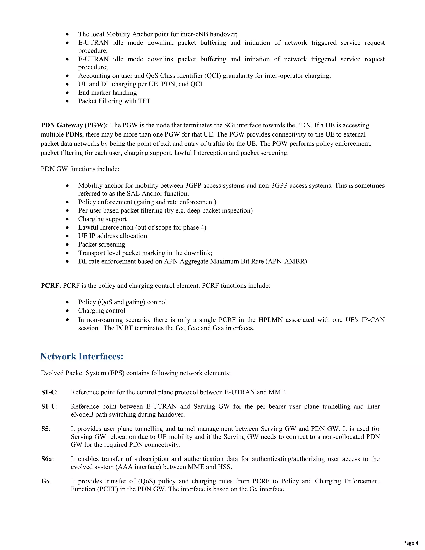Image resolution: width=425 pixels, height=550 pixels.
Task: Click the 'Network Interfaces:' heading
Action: click(82, 356)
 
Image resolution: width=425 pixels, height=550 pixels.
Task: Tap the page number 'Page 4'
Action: click(410, 543)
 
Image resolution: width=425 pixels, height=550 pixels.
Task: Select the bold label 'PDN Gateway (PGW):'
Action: click(74, 125)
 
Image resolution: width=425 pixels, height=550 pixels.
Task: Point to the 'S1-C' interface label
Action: click(49, 392)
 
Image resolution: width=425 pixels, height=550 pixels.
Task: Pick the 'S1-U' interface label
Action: click(49, 406)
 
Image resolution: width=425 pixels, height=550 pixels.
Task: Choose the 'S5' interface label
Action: click(45, 429)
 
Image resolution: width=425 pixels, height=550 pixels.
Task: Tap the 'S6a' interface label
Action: click(47, 459)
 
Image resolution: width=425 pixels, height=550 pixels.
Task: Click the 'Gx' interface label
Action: click(46, 481)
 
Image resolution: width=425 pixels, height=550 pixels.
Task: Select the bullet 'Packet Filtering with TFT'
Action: click(114, 101)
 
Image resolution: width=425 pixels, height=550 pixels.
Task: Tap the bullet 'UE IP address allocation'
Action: click(112, 236)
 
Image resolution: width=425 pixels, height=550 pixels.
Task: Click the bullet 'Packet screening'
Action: click(101, 244)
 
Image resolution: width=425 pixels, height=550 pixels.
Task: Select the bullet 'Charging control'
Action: click(102, 310)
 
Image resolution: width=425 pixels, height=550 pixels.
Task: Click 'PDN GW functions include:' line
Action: click(80, 169)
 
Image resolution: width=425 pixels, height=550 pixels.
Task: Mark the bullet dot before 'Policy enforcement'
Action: click(67, 202)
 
